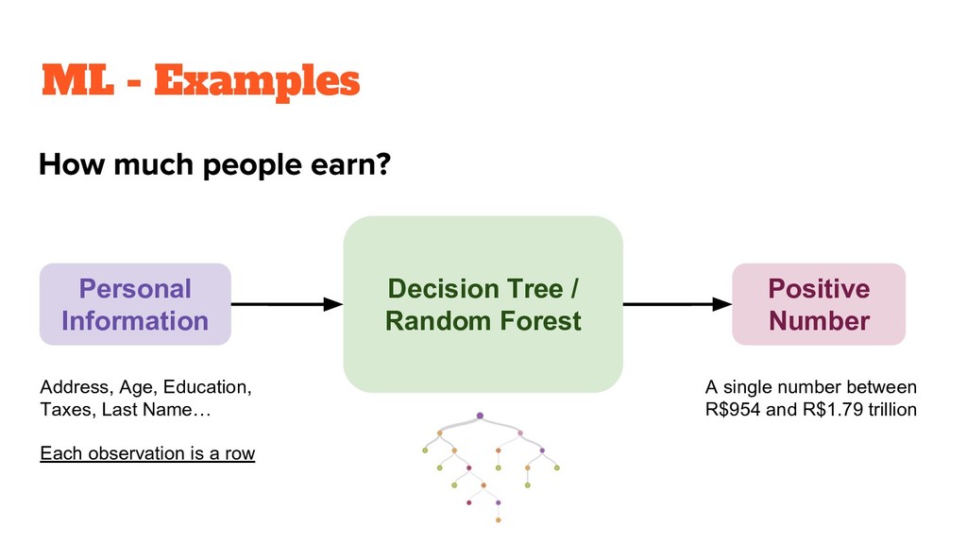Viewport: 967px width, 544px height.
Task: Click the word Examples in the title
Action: [257, 82]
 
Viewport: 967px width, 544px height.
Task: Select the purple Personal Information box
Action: [135, 304]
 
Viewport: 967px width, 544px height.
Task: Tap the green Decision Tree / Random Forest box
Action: [483, 304]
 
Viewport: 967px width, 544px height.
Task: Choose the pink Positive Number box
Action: [819, 304]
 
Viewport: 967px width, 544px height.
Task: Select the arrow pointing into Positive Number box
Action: [677, 304]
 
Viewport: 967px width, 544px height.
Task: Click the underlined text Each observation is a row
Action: [147, 453]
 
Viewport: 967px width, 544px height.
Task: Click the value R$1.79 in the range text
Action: [830, 412]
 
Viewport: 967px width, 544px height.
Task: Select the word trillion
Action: [891, 412]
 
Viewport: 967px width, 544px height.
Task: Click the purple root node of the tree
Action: [480, 416]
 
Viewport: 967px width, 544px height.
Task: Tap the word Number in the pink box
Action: [819, 320]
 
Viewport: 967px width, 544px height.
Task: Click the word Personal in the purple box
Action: [135, 288]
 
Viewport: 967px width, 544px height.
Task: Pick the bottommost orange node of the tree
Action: [498, 519]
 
